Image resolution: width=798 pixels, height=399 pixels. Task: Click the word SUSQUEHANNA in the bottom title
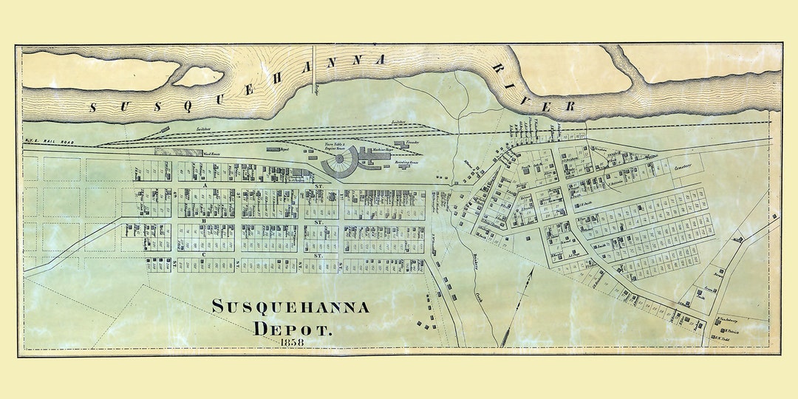point(290,307)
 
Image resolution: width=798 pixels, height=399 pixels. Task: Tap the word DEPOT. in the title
point(293,328)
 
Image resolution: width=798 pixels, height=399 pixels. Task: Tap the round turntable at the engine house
point(339,157)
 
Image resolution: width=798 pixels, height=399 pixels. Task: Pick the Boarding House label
point(407,160)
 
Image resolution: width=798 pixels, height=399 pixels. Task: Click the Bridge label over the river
point(316,88)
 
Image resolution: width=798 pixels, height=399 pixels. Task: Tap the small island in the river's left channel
point(197,76)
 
